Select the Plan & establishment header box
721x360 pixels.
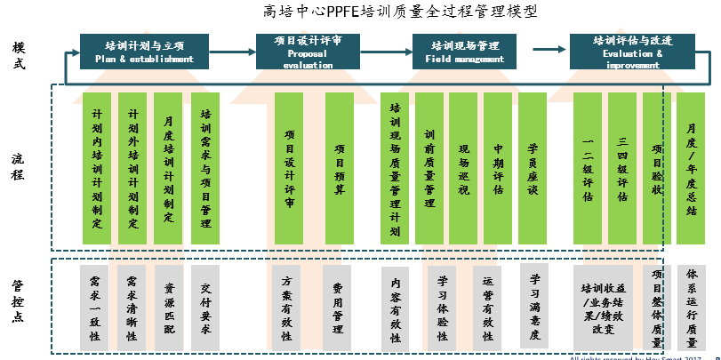click(144, 52)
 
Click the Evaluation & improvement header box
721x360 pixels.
click(632, 52)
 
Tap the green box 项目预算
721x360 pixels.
click(340, 168)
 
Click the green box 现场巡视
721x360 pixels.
click(463, 168)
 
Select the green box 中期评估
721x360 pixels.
click(498, 168)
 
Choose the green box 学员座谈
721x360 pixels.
click(533, 168)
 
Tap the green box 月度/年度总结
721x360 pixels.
click(692, 168)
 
